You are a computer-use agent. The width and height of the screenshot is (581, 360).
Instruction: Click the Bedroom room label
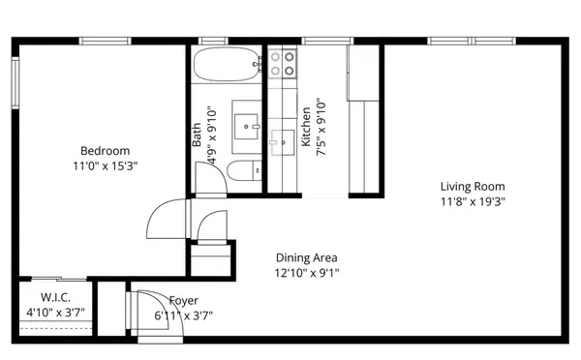pyautogui.click(x=105, y=151)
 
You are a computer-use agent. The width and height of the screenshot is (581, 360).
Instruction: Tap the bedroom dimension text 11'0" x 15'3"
pyautogui.click(x=105, y=165)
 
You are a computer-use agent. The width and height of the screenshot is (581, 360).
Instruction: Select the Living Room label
pyautogui.click(x=473, y=187)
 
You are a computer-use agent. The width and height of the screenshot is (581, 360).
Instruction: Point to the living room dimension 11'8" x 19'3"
pyautogui.click(x=473, y=201)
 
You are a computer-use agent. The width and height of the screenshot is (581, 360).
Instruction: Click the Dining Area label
pyautogui.click(x=306, y=257)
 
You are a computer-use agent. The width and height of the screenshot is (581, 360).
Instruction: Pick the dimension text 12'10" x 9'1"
pyautogui.click(x=306, y=273)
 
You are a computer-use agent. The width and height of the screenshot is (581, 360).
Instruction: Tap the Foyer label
pyautogui.click(x=183, y=300)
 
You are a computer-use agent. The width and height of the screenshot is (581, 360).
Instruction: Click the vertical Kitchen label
pyautogui.click(x=306, y=127)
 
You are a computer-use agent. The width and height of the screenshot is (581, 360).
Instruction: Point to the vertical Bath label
pyautogui.click(x=197, y=134)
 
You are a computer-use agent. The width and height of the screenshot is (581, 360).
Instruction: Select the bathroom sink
pyautogui.click(x=249, y=125)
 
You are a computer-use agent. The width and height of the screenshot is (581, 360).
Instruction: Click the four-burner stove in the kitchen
pyautogui.click(x=282, y=64)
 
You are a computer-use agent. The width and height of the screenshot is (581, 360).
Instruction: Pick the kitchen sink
pyautogui.click(x=282, y=142)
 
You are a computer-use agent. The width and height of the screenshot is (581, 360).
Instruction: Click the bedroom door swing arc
pyautogui.click(x=162, y=220)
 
